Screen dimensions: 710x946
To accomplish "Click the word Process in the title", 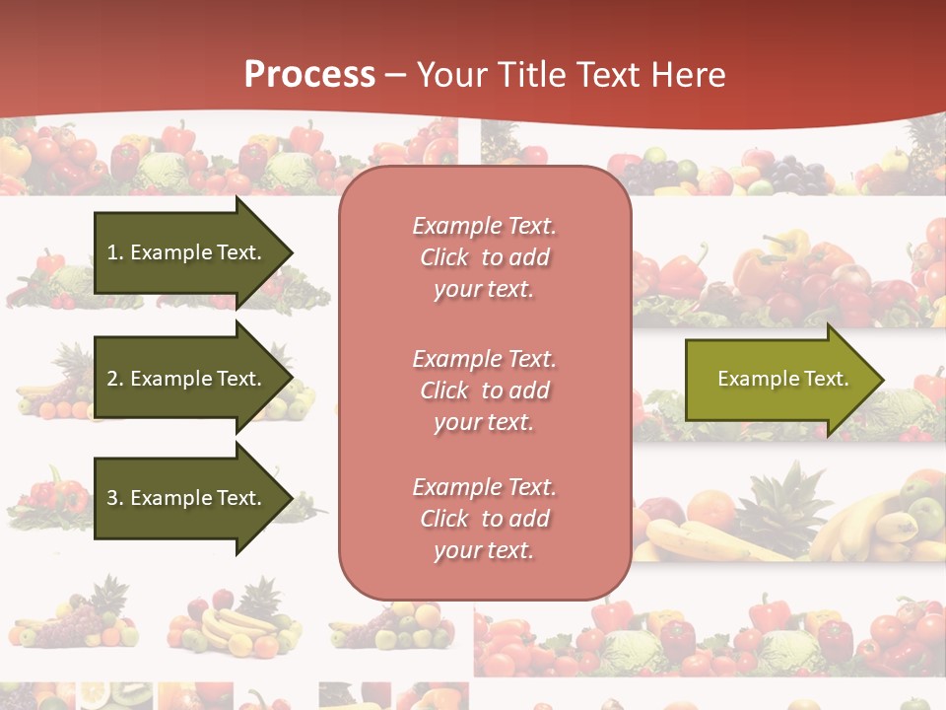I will [x=309, y=74].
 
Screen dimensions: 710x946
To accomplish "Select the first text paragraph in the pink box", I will [x=484, y=257].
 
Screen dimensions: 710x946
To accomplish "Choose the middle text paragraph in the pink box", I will [x=484, y=390].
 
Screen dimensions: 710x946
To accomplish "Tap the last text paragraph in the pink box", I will [x=484, y=519].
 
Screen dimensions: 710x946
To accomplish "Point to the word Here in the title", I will [x=691, y=74].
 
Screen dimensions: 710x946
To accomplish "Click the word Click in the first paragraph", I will [x=444, y=257].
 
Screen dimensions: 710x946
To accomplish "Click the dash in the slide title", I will [x=395, y=75].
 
